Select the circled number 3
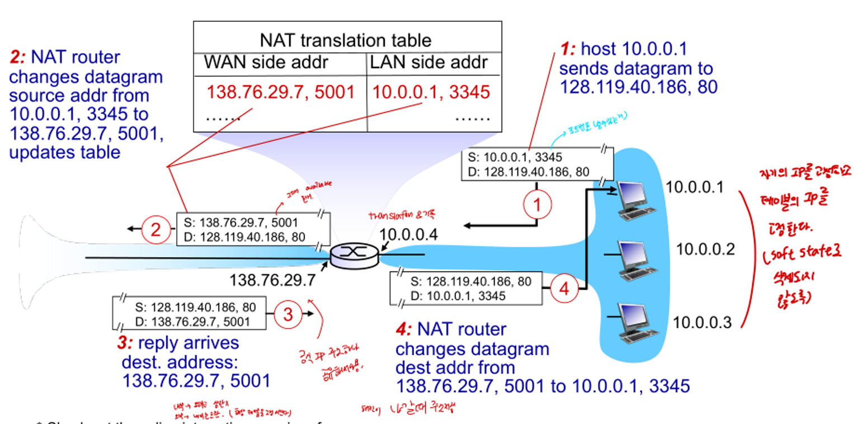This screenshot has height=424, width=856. (288, 314)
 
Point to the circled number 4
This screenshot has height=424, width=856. (563, 290)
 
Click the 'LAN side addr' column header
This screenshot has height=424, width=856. (428, 62)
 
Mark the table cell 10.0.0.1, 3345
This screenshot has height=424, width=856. (431, 92)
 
